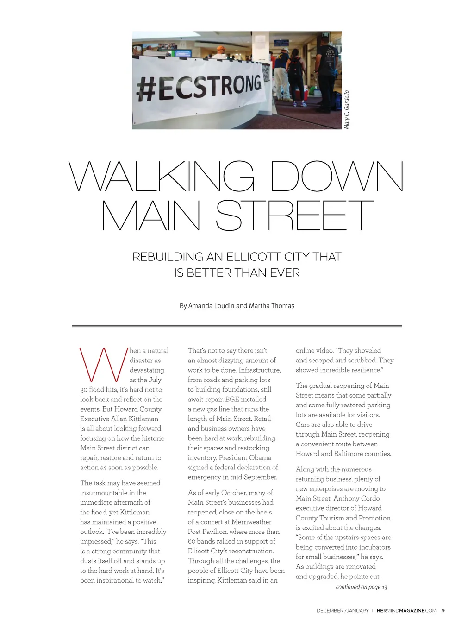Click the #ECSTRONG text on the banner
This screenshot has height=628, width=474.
pyautogui.click(x=199, y=87)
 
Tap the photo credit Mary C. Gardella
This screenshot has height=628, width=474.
pyautogui.click(x=347, y=110)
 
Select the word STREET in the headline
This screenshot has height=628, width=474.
pyautogui.click(x=294, y=216)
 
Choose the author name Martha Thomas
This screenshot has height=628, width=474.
pyautogui.click(x=272, y=306)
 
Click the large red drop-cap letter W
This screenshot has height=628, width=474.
pyautogui.click(x=103, y=365)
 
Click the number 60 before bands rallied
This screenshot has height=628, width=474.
pyautogui.click(x=192, y=541)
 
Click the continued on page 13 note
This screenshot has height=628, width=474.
pyautogui.click(x=361, y=587)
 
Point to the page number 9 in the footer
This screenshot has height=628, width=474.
pyautogui.click(x=443, y=611)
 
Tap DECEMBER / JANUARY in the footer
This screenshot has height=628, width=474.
pyautogui.click(x=343, y=611)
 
